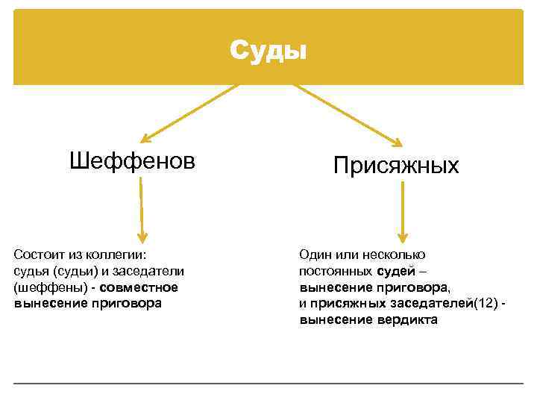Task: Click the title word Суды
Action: pyautogui.click(x=268, y=50)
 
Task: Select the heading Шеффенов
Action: pyautogui.click(x=132, y=160)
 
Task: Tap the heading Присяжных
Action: pyautogui.click(x=395, y=165)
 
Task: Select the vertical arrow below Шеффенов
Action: pyautogui.click(x=142, y=210)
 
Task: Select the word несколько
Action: pyautogui.click(x=395, y=254)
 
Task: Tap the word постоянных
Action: pyautogui.click(x=336, y=270)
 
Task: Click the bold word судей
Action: pyautogui.click(x=396, y=270)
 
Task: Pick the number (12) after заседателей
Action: pyautogui.click(x=486, y=304)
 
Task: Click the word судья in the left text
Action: pyautogui.click(x=31, y=270)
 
